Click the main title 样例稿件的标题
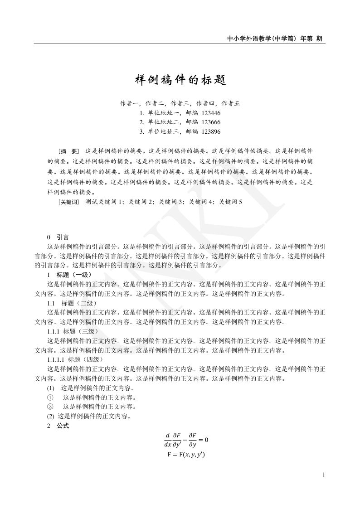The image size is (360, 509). click(x=180, y=80)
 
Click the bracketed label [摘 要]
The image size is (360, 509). click(x=69, y=150)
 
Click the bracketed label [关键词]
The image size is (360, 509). click(x=69, y=202)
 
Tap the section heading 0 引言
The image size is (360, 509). click(x=58, y=237)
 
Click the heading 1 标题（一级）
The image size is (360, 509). click(x=69, y=275)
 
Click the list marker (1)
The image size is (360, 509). click(x=51, y=388)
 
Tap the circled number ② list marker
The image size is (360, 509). click(x=51, y=407)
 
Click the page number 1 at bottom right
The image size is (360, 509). click(x=323, y=475)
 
